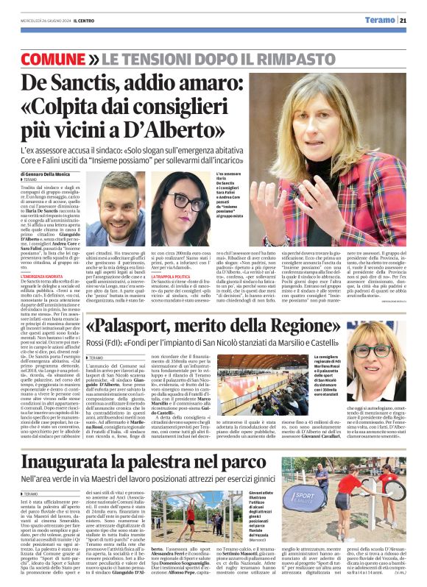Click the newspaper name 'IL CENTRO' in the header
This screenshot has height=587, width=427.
coord(77,21)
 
